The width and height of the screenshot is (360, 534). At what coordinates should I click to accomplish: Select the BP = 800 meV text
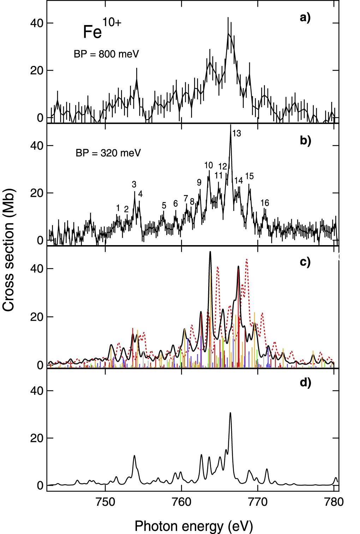(106, 54)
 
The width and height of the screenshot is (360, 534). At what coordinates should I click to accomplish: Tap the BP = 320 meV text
(108, 153)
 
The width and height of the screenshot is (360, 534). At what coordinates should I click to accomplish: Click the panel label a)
(305, 17)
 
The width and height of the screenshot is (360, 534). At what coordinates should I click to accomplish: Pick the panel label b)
(305, 140)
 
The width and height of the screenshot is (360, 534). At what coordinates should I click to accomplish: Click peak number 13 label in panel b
(236, 133)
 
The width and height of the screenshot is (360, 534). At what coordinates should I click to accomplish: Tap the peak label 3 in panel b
(134, 184)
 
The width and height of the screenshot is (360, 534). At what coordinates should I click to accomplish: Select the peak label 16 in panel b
(265, 203)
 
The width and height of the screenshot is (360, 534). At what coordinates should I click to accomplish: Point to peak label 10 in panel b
(209, 165)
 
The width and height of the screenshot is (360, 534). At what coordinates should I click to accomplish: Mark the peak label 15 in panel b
(250, 176)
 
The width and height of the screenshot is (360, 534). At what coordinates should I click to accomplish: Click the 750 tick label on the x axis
(106, 502)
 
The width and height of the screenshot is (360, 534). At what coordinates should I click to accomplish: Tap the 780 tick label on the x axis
(334, 502)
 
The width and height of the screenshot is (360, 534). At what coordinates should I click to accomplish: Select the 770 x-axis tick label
(258, 502)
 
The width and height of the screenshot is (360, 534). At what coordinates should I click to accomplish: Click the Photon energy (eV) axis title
(194, 526)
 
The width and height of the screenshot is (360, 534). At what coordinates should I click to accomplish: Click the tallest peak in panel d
(230, 413)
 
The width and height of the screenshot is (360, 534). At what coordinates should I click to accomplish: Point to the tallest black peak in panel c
(210, 252)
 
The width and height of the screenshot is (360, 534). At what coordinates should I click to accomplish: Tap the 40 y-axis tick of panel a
(37, 23)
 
